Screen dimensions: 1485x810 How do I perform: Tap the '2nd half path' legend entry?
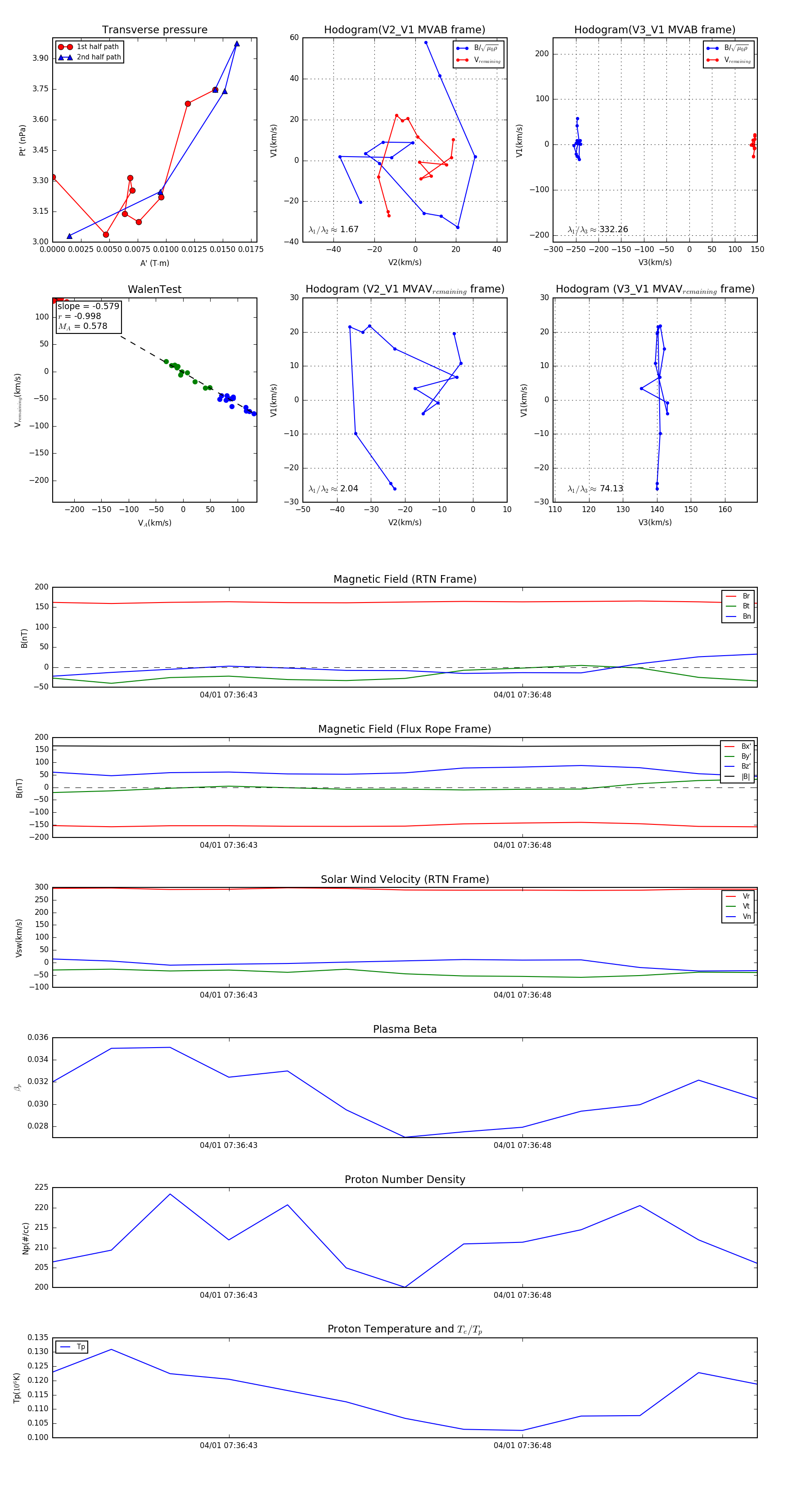coord(99,57)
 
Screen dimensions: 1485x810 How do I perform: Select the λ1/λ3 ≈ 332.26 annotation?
coord(598,229)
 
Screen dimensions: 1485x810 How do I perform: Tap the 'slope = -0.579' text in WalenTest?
coord(88,306)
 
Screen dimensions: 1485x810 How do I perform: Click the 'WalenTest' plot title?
coord(154,289)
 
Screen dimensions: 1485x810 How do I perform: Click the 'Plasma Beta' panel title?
coord(405,1029)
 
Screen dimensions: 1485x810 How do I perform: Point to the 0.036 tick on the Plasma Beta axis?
coord(38,1038)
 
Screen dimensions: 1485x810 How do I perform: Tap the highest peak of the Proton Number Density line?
coord(170,1194)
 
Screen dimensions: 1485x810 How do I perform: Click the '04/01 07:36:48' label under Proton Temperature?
coord(522,1445)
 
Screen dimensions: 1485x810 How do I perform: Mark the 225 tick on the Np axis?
coord(41,1188)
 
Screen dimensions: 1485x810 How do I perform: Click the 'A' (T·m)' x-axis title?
coord(154,263)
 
